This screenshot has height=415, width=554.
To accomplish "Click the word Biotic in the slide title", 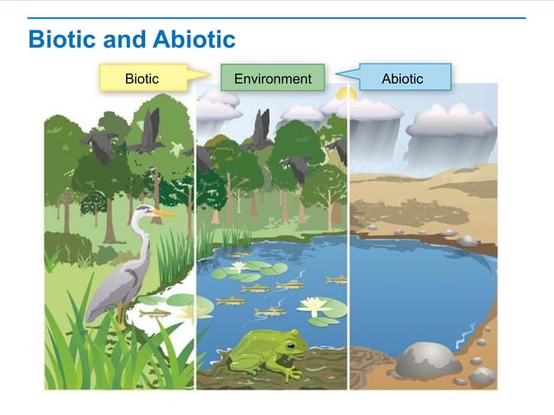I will pos(59,40).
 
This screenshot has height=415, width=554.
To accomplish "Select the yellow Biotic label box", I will pos(143,78).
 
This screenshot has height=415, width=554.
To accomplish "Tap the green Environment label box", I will pos(272,78).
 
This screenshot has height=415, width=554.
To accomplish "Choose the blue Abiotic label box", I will pos(402,78).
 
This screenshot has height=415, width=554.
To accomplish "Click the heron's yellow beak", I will pos(164,213).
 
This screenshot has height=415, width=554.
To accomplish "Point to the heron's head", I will pos(142,211).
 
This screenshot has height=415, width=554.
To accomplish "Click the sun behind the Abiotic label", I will pos(347,93).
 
